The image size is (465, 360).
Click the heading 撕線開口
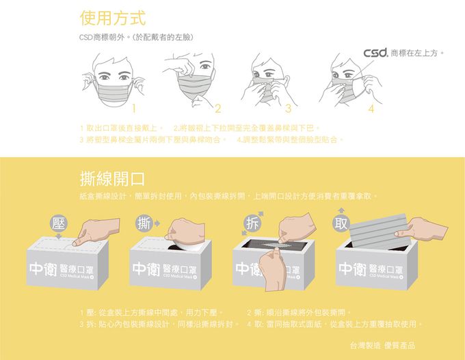click(x=112, y=180)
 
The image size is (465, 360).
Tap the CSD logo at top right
click(x=376, y=53)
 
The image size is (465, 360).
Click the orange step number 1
click(x=135, y=108)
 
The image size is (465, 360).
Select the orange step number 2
click(x=217, y=109)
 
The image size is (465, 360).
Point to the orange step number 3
click(x=289, y=109)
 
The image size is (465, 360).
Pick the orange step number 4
click(x=371, y=109)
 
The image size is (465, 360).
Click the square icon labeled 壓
click(x=60, y=223)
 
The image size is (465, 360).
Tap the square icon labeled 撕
click(x=144, y=223)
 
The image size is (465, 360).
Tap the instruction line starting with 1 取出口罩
click(x=120, y=128)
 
